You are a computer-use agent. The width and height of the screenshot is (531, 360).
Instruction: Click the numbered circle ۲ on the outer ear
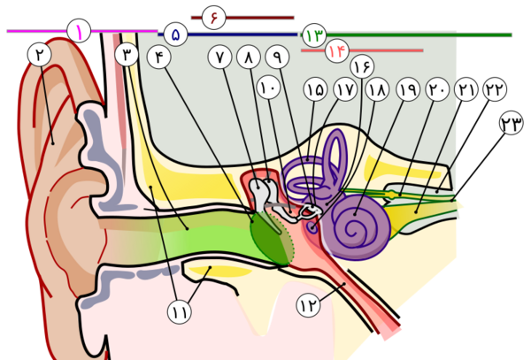(40, 55)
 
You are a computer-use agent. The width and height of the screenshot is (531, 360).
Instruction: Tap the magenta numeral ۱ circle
(79, 31)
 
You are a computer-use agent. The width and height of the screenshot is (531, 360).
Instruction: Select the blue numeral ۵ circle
(175, 34)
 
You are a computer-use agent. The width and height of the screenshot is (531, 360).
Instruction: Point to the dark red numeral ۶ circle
(213, 18)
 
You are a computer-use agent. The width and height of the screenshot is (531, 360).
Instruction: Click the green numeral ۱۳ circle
(314, 35)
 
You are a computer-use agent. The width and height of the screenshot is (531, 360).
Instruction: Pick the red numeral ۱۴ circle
(337, 50)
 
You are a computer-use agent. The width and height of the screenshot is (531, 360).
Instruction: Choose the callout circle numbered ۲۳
(512, 123)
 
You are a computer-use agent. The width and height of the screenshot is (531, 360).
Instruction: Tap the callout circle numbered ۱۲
(308, 305)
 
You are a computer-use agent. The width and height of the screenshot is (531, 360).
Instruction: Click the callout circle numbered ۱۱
(180, 312)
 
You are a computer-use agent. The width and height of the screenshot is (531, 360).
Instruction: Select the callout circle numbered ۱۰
(268, 88)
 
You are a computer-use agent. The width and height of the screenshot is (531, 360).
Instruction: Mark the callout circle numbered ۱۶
(362, 66)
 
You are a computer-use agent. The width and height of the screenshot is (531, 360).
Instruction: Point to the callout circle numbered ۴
(158, 57)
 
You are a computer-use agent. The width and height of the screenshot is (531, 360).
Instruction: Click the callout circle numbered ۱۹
(408, 89)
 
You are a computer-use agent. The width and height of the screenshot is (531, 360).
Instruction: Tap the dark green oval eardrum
(272, 238)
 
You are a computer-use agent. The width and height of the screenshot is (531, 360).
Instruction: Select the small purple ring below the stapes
(312, 227)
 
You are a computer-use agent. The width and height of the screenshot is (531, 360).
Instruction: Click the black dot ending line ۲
(53, 143)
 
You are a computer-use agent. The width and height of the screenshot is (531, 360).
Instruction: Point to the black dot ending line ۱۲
(344, 284)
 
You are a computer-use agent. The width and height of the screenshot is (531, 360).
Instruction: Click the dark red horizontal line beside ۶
(242, 18)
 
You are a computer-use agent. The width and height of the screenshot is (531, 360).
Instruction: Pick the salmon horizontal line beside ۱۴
(362, 50)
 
